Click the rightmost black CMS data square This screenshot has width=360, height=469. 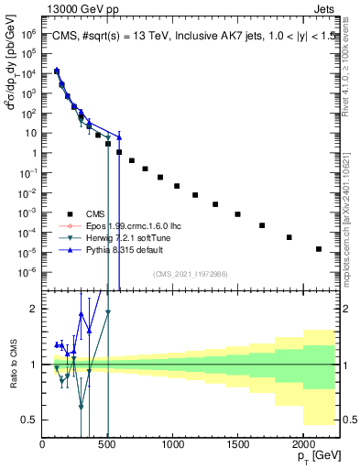pos(319,249)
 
